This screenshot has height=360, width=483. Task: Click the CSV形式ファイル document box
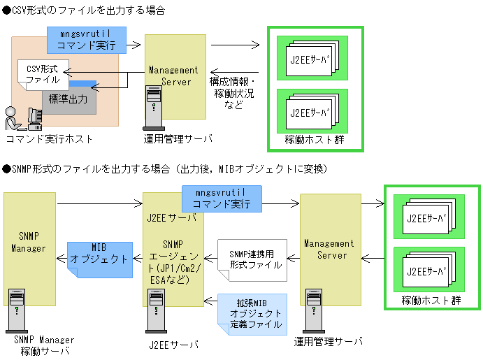[x=43, y=74]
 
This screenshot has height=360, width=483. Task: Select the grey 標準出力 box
[x=69, y=99]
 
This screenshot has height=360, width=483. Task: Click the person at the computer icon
[x=20, y=117]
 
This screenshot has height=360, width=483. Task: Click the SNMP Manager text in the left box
[x=29, y=242]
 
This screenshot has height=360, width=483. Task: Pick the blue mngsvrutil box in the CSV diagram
[x=87, y=40]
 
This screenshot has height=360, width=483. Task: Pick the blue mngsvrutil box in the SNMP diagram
[x=221, y=199]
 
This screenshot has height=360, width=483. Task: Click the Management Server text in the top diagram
[x=175, y=75]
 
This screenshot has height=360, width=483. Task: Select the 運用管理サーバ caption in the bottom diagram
[x=328, y=343]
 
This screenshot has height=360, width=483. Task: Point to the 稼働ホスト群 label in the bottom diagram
[x=431, y=301]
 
